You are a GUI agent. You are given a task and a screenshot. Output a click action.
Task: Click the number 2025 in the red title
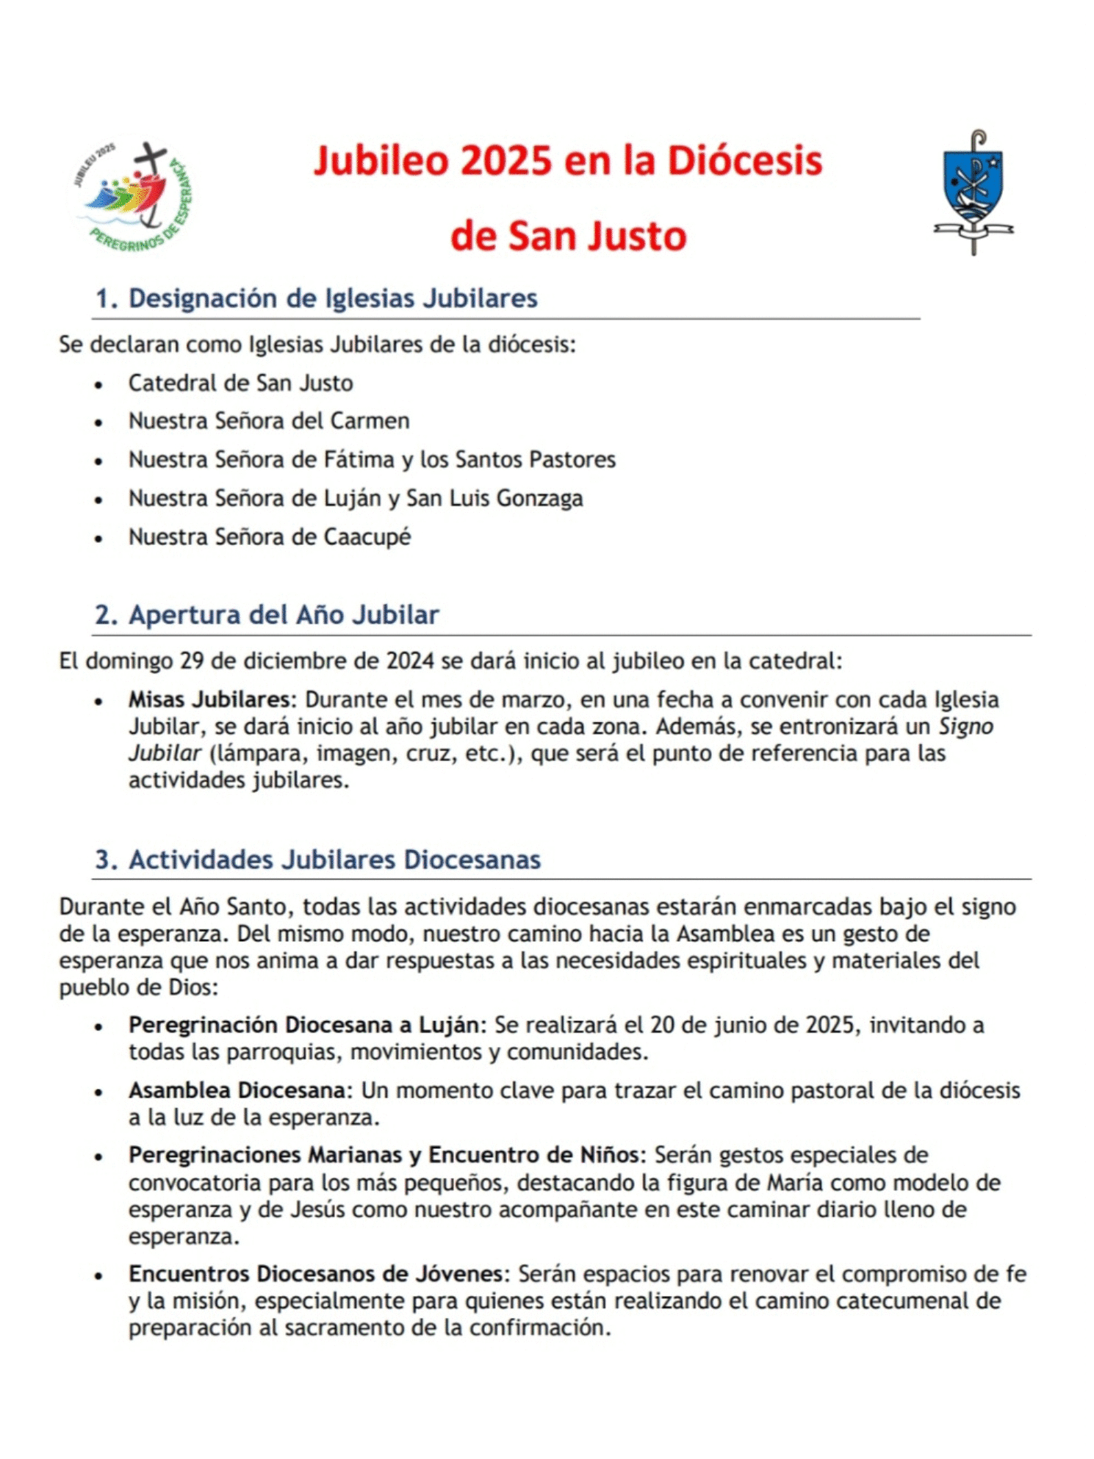[506, 161]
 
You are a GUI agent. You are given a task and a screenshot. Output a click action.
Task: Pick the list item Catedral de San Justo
[240, 383]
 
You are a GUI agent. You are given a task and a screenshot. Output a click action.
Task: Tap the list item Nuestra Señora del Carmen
[269, 421]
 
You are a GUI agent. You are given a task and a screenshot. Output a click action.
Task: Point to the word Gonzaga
[539, 498]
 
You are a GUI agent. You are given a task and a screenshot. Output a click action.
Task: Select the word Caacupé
[367, 537]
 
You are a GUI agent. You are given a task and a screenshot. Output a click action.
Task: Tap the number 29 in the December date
[192, 661]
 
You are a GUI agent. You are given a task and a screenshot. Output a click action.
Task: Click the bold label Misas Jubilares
[209, 699]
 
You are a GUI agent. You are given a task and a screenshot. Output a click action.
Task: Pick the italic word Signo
[965, 727]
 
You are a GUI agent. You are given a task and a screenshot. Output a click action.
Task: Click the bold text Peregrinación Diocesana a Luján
[303, 1025]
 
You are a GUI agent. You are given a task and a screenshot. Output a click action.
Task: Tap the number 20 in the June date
[662, 1025]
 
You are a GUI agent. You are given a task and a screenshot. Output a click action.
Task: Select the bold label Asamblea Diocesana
[237, 1090]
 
